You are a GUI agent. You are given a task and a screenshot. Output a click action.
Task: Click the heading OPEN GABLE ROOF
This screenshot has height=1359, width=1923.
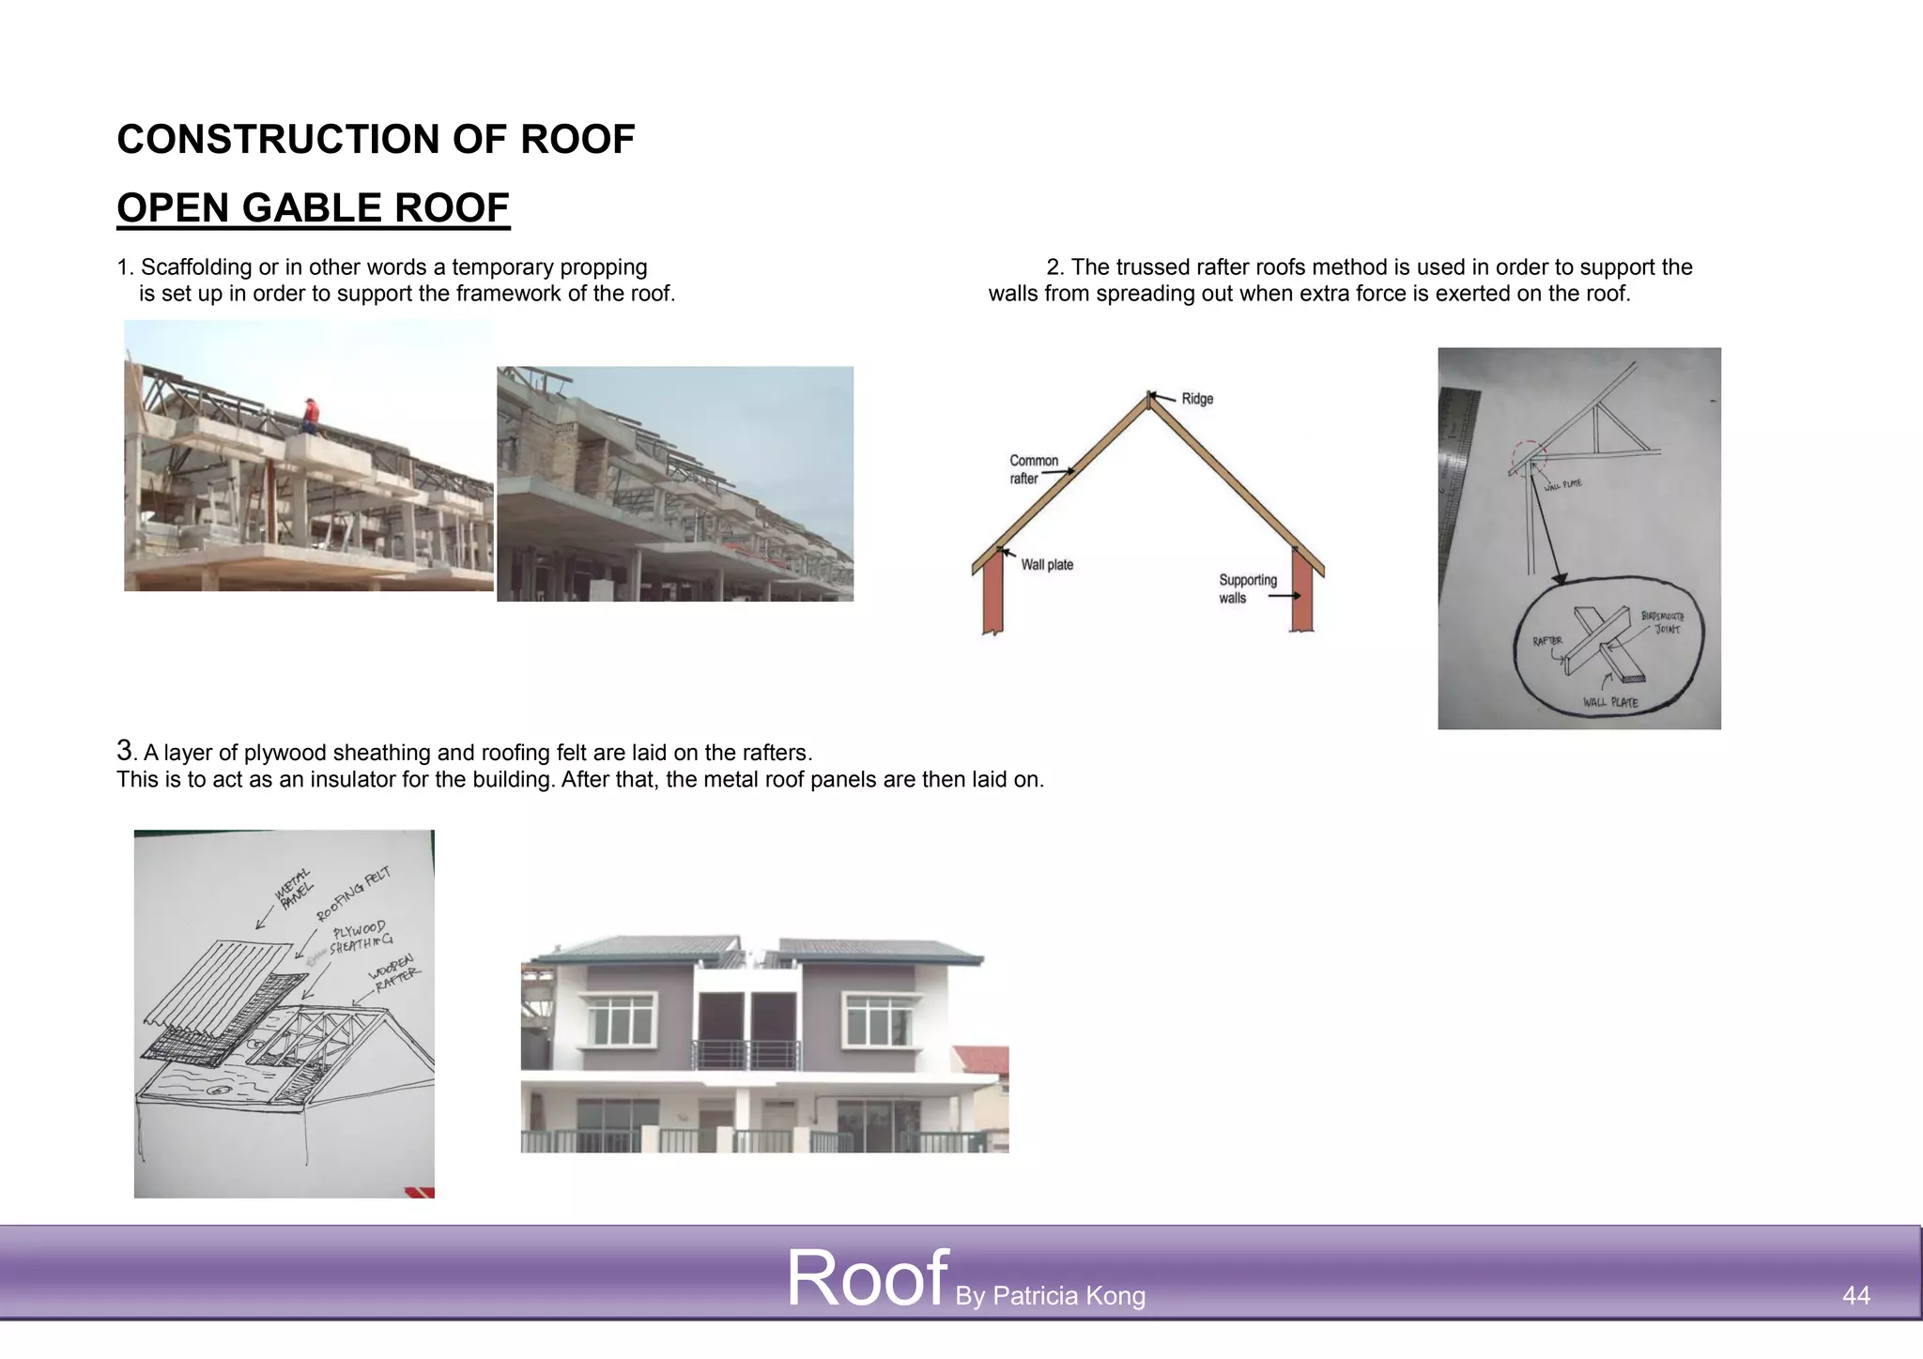[313, 207]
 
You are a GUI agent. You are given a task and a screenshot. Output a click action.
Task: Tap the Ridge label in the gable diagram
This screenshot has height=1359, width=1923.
[1197, 399]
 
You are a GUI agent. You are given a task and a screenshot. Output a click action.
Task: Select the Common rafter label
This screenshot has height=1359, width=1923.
[1033, 469]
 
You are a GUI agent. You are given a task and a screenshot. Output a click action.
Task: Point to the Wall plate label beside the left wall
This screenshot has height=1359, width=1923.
[1047, 565]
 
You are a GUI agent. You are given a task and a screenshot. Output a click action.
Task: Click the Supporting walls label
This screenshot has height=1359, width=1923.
[1247, 588]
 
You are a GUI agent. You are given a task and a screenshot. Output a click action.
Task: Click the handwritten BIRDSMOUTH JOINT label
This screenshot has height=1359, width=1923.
[1663, 622]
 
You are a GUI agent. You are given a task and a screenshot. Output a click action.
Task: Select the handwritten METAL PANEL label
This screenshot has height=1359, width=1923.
[295, 888]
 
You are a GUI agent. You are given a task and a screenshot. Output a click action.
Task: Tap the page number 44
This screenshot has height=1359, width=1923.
[1855, 1295]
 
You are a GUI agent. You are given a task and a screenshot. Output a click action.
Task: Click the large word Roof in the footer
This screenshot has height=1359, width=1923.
[866, 1278]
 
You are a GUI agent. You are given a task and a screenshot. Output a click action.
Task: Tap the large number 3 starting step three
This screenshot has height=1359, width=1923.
[125, 750]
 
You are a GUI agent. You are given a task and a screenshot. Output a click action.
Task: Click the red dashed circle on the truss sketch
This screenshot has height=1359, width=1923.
[1529, 458]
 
